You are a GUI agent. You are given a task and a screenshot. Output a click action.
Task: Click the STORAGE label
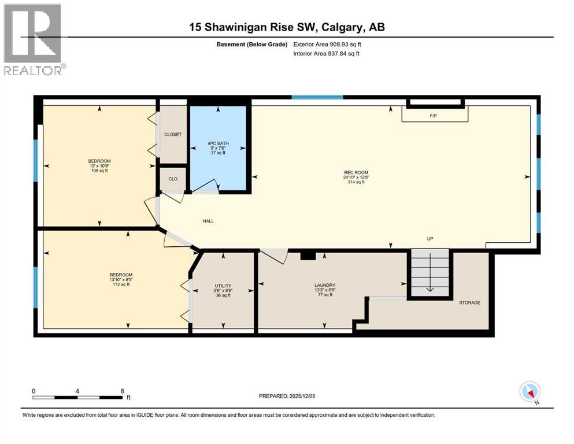[x=469, y=302]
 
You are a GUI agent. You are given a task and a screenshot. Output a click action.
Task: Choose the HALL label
[x=209, y=221]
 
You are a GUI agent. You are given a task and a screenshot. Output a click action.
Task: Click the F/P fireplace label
[x=433, y=116]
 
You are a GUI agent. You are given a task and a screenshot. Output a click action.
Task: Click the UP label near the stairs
[x=430, y=238]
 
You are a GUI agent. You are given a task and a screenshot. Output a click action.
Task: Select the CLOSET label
[x=173, y=134]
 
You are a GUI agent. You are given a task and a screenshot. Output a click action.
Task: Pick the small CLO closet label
[x=173, y=179]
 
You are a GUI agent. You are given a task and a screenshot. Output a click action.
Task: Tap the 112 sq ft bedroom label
[x=121, y=279]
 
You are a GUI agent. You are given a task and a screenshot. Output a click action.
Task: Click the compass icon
[x=529, y=392]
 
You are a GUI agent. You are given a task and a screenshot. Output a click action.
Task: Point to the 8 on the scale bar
[x=122, y=391]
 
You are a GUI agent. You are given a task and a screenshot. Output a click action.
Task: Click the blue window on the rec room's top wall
[x=317, y=97]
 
